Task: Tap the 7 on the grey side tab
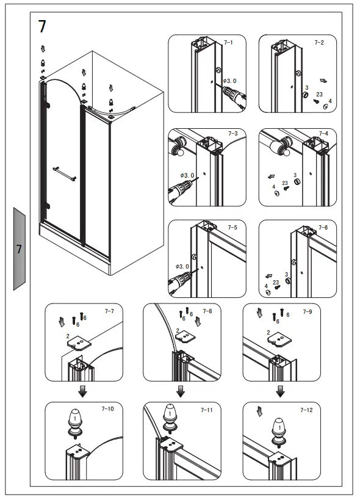pos(19,248)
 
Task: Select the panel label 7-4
pos(323,133)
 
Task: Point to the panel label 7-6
pos(323,227)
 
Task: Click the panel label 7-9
pos(306,311)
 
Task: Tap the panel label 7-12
pos(306,410)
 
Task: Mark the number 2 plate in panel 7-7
pos(80,343)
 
